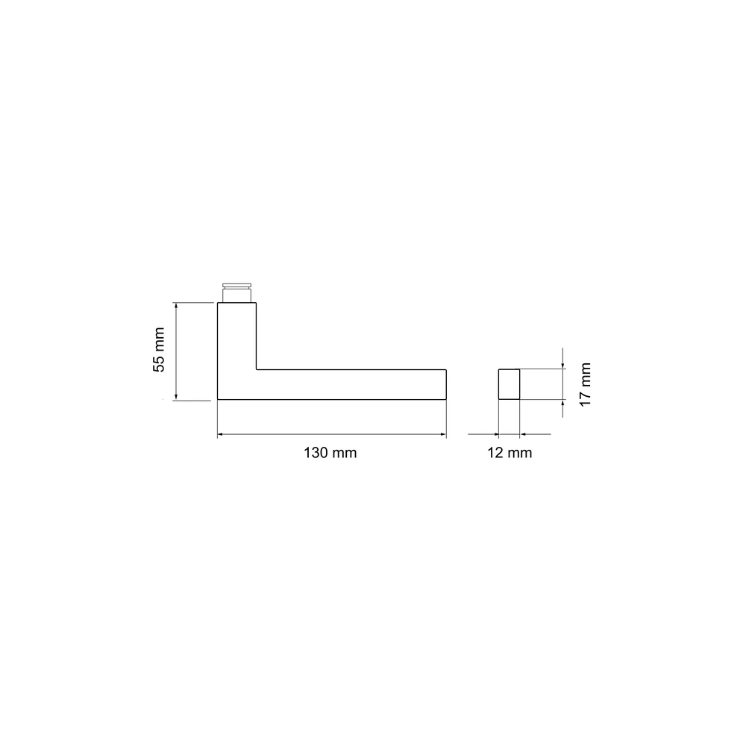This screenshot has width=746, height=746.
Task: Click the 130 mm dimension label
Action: [330, 453]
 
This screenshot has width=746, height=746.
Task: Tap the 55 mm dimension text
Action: [158, 350]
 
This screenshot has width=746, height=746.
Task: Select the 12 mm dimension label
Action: [510, 453]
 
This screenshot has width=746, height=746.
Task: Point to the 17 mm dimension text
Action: [585, 384]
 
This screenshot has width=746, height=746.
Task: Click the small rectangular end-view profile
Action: [509, 384]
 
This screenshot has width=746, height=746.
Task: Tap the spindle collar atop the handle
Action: [237, 292]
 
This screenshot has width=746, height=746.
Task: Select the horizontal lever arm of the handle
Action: [351, 384]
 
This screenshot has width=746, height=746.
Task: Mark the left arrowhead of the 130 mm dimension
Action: [220, 434]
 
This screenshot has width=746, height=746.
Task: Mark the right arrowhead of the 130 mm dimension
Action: [443, 434]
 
